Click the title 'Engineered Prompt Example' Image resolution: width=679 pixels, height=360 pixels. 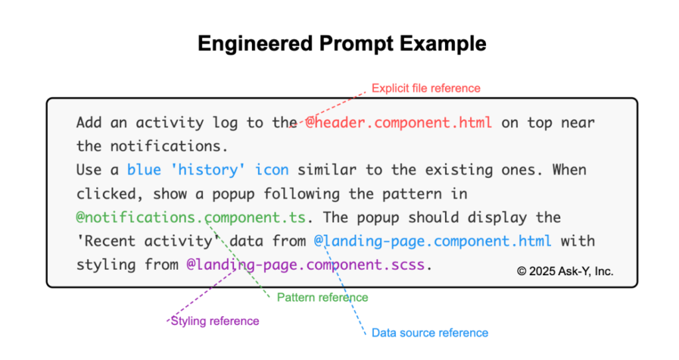341,44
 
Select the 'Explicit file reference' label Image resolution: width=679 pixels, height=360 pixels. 426,88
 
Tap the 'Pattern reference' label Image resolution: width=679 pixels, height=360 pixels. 322,297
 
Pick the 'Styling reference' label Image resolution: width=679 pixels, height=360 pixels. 215,321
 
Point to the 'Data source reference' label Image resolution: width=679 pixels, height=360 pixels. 430,333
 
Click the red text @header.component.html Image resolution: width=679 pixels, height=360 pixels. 399,123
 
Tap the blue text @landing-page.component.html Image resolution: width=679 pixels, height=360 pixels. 432,241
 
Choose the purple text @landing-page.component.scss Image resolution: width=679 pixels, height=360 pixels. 305,265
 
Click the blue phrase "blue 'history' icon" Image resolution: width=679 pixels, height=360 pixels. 208,170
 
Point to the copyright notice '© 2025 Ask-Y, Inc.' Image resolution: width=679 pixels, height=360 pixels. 565,271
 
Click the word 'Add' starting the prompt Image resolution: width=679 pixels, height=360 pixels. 90,123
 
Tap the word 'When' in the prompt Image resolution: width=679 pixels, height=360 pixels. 570,170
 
